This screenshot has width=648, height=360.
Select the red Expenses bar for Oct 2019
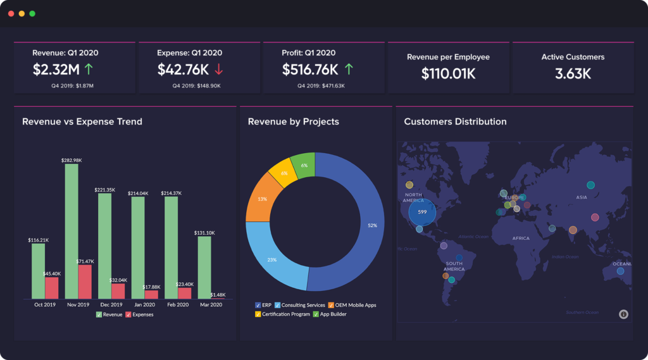point(52,288)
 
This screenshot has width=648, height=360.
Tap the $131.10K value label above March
point(204,232)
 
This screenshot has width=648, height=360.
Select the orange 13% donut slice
point(261,198)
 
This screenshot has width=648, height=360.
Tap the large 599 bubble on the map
point(422,212)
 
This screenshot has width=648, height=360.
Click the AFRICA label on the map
point(521,239)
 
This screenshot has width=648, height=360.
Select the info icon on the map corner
point(623,314)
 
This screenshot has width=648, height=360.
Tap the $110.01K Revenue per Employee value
point(448,73)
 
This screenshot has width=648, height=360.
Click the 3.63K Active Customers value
point(573,73)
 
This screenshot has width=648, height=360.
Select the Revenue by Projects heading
point(293,121)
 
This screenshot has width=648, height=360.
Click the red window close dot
point(11,13)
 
